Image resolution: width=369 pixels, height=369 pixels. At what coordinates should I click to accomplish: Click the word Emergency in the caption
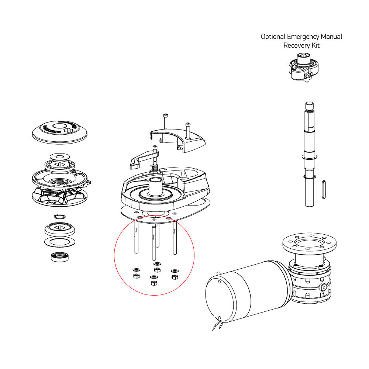tap(303, 37)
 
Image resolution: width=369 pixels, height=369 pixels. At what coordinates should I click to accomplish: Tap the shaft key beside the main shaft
tap(324, 188)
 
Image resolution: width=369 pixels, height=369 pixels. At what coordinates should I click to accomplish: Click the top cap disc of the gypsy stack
tap(60, 132)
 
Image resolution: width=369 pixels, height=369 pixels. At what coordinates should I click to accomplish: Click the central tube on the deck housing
tap(155, 187)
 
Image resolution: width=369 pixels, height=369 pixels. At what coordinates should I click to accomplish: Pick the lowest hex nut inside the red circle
tap(154, 283)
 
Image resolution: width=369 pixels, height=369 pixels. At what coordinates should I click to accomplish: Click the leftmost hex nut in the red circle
tap(135, 276)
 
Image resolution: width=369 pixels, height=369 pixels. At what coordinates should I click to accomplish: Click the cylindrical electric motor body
tap(244, 292)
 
